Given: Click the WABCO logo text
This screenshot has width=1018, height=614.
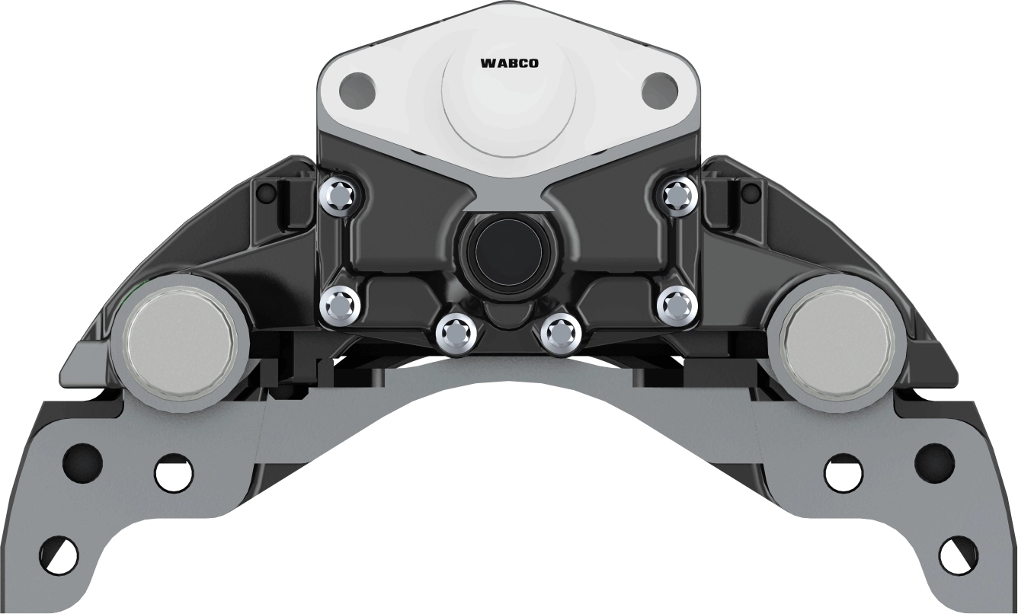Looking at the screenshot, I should pos(509,64).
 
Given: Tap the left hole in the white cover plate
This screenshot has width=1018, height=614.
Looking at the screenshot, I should pos(357,91).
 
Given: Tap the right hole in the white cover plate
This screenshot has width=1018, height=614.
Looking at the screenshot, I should pos(659,91).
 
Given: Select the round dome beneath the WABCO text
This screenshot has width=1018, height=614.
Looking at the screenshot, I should pos(509,103).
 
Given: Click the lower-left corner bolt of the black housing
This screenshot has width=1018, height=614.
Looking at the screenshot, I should pos(339,305).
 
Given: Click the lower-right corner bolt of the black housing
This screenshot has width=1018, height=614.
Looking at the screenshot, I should pos(677,305).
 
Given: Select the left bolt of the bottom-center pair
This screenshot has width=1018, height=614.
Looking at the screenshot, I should pos(456,332).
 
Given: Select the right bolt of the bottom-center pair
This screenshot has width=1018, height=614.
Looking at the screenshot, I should pos(561,332).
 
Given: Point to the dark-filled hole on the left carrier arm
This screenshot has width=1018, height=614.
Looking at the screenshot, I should pos(82,462).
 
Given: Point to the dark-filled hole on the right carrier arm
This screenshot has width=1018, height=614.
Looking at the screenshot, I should pos(934,462).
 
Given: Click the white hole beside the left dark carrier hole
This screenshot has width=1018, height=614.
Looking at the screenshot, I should pos(173,473).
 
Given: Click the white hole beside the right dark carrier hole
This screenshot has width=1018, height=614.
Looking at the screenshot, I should pos(844,473).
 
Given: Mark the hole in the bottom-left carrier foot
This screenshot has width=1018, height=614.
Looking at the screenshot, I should pos(58,555).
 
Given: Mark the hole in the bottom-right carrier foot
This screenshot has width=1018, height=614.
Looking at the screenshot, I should pos(958,555).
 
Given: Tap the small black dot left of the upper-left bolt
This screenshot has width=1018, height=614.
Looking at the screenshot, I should pos(266,193).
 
